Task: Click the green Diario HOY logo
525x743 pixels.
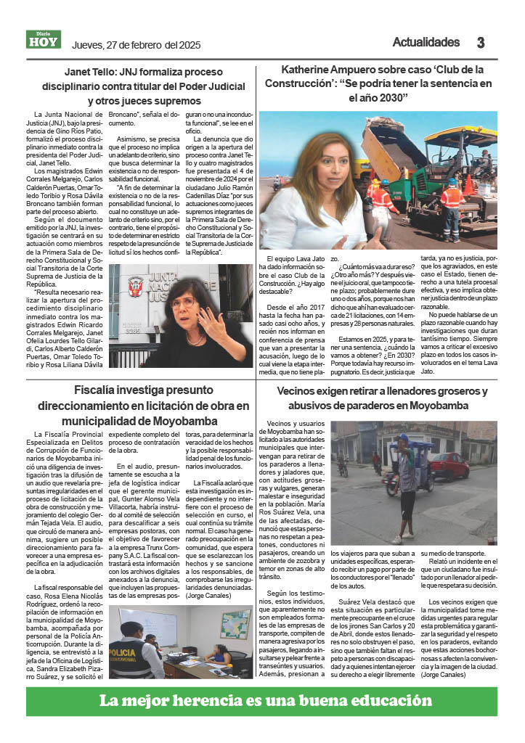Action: pos(44,40)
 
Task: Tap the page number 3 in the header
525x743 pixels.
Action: pos(480,43)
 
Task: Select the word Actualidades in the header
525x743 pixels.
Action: pos(426,42)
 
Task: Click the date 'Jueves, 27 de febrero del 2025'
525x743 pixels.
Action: pos(136,45)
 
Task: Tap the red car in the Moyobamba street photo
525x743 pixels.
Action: pos(448,465)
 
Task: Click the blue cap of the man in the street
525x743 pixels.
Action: pos(402,439)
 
